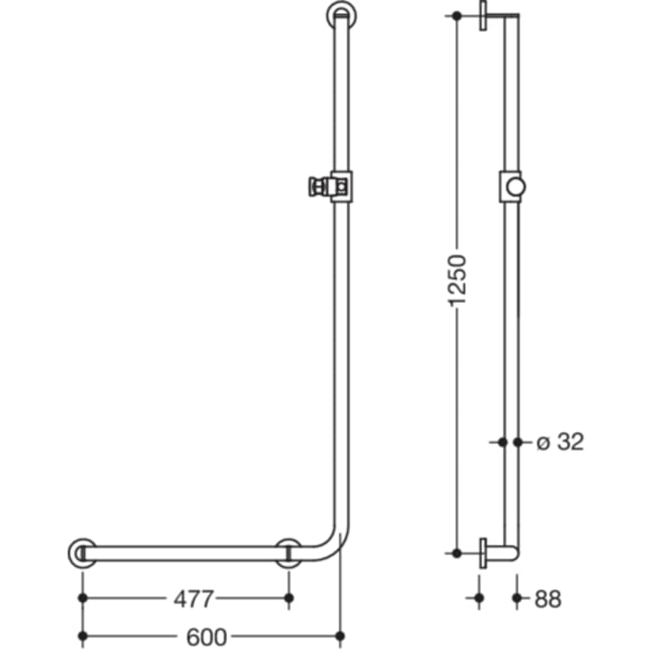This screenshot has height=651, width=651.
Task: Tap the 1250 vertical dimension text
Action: point(457,282)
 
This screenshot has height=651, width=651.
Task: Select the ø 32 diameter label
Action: point(561,441)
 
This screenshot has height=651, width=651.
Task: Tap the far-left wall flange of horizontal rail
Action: point(82,553)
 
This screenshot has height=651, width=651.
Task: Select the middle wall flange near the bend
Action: point(288,553)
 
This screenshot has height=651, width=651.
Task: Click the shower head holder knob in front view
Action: point(314,186)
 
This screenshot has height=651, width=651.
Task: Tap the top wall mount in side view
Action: point(484,17)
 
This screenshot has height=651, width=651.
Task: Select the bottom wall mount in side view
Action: point(484,553)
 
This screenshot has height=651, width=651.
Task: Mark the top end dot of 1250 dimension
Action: point(456,17)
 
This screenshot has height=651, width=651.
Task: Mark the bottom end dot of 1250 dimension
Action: point(456,553)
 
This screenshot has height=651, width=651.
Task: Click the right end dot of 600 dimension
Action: point(341,635)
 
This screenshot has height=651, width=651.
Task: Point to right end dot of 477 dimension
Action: point(288,598)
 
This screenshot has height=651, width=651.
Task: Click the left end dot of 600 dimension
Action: point(82,635)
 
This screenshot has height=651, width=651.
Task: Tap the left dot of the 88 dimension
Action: point(479,598)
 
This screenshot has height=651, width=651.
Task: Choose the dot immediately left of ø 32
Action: point(519,441)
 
